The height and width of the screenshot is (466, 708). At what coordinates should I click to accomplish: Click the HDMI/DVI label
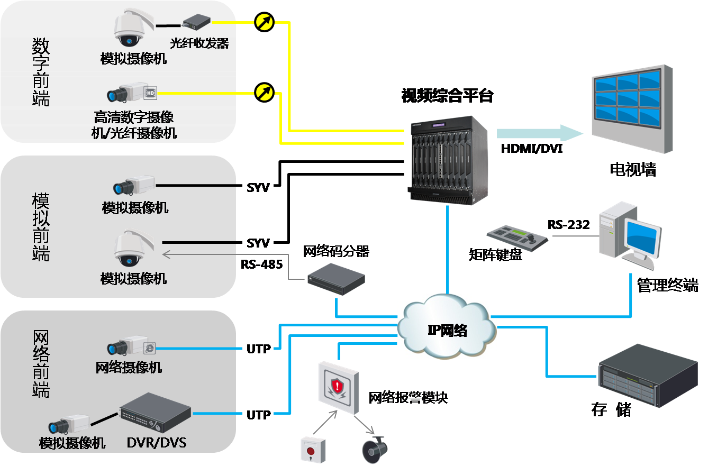click(x=531, y=149)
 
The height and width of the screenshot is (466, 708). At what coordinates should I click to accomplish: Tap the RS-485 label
click(x=261, y=263)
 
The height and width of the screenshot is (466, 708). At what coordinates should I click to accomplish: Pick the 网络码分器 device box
click(x=337, y=279)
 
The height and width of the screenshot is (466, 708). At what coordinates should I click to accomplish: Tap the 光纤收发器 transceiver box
click(x=196, y=22)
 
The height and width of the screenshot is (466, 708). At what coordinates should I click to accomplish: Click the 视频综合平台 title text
click(x=447, y=96)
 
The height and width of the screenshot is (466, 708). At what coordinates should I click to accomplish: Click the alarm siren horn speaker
click(x=375, y=449)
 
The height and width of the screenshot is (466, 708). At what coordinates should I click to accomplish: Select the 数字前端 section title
click(x=41, y=71)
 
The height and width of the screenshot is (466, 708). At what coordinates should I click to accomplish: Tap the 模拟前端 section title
click(x=41, y=227)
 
